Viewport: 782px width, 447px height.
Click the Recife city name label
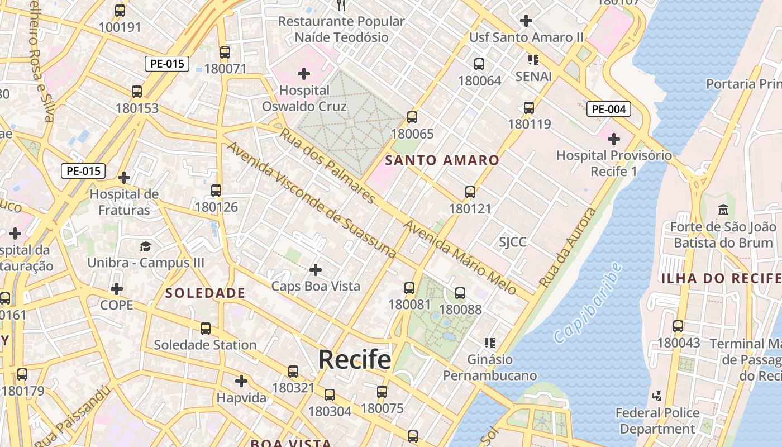click(x=355, y=359)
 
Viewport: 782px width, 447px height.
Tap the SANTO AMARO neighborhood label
click(x=442, y=160)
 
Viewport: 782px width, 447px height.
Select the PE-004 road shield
click(x=608, y=109)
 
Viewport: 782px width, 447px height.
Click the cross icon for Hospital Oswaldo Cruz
click(x=304, y=73)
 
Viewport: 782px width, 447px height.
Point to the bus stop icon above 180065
click(x=412, y=117)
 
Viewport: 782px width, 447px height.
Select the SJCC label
click(x=512, y=242)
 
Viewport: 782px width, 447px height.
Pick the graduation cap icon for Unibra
click(x=145, y=246)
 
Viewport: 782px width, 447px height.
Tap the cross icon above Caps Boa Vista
click(x=316, y=270)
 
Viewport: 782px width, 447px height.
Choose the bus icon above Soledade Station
click(x=206, y=329)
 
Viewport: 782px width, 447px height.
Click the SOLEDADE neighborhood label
click(x=205, y=293)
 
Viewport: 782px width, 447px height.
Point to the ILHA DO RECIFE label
click(x=721, y=278)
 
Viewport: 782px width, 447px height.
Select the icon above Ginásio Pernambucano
click(x=490, y=343)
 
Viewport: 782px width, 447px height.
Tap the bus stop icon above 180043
click(x=678, y=326)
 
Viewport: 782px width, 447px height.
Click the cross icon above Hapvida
click(x=241, y=381)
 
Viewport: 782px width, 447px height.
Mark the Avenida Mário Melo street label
click(x=459, y=257)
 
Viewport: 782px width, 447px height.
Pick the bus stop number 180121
click(x=470, y=209)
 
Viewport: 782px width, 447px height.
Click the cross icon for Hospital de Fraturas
click(x=124, y=178)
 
